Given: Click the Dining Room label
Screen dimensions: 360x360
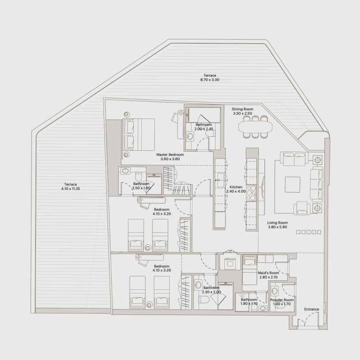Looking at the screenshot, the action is click(x=243, y=109).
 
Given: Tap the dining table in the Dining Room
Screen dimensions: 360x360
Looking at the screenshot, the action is click(x=255, y=127).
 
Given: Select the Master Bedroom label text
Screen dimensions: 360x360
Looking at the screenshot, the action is click(x=170, y=154).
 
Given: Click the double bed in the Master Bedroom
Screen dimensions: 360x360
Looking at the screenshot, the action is click(x=139, y=135).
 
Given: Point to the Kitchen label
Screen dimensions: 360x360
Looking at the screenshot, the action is click(x=236, y=187).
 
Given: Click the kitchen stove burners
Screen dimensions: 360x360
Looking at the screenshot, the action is click(x=252, y=193).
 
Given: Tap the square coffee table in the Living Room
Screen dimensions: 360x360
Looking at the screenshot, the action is click(x=292, y=184).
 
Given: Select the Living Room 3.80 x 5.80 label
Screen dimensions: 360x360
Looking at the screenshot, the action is click(x=277, y=225).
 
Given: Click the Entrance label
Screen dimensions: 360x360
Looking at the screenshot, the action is click(x=311, y=309).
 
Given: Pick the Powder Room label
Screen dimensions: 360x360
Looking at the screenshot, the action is click(x=282, y=300).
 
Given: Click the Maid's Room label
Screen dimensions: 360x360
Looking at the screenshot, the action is click(x=268, y=273).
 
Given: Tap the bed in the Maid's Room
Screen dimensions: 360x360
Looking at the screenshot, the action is click(x=249, y=271).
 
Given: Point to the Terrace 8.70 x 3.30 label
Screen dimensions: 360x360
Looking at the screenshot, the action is click(x=210, y=77).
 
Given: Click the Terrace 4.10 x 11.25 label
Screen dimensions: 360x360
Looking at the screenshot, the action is click(x=71, y=186).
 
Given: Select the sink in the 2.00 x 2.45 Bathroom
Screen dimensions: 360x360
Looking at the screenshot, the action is click(x=190, y=136).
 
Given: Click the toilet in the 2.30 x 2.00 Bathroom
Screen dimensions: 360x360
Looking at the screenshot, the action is click(x=203, y=299).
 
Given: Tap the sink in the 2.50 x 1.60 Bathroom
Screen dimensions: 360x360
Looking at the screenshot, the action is click(x=125, y=171).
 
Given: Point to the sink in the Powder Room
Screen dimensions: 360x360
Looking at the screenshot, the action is click(x=275, y=291).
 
